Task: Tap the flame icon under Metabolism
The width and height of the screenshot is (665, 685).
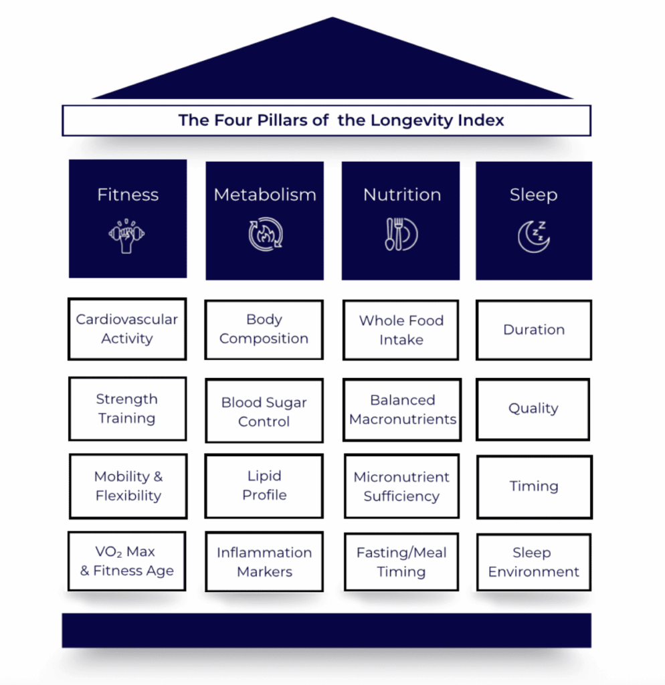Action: (x=265, y=235)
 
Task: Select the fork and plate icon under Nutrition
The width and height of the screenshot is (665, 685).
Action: (x=401, y=235)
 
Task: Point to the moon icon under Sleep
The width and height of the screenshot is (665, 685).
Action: (x=533, y=236)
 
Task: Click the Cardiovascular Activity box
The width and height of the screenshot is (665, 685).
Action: (x=127, y=329)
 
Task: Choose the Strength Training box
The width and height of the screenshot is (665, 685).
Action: (x=127, y=409)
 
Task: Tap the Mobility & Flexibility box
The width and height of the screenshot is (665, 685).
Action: (x=128, y=486)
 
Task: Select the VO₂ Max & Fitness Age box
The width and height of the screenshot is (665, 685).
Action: (x=127, y=561)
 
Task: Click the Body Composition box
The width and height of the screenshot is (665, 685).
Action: (x=264, y=330)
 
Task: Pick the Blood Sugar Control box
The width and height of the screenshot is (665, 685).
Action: (x=264, y=411)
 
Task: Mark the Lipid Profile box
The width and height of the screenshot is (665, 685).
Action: (x=264, y=486)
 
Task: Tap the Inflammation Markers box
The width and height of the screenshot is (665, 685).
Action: (x=264, y=562)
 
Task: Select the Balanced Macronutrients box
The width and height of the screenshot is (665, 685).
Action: (x=402, y=410)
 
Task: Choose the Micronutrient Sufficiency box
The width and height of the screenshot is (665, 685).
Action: (x=401, y=487)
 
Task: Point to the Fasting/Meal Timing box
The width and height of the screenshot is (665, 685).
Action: (x=401, y=563)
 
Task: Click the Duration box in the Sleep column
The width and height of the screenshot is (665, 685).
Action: (x=533, y=330)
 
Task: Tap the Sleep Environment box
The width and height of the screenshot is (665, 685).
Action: (x=533, y=563)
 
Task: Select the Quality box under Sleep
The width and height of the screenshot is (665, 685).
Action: (x=533, y=409)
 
